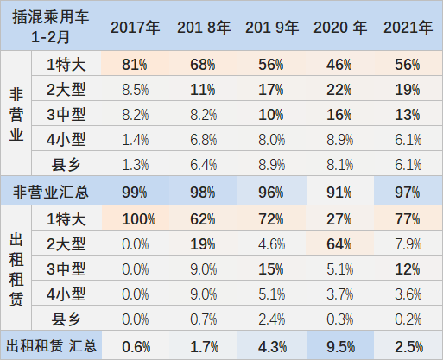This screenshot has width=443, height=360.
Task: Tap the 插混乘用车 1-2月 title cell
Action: pyautogui.click(x=50, y=27)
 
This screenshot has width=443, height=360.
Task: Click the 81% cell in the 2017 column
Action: pyautogui.click(x=134, y=65)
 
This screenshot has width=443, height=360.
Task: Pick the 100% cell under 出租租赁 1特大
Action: pyautogui.click(x=134, y=219)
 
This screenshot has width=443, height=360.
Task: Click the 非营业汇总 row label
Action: pyautogui.click(x=50, y=192)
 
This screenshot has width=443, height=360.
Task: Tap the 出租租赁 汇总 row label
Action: pyautogui.click(x=50, y=347)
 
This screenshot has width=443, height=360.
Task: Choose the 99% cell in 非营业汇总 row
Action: pyautogui.click(x=134, y=193)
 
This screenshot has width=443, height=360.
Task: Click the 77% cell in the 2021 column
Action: pyautogui.click(x=408, y=219)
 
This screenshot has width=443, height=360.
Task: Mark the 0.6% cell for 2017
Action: pyautogui.click(x=134, y=347)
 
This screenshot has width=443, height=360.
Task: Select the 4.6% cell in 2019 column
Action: pyautogui.click(x=270, y=243)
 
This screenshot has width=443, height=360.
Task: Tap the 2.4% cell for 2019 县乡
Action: pyautogui.click(x=270, y=319)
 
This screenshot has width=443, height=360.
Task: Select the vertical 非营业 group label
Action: pyautogui.click(x=17, y=114)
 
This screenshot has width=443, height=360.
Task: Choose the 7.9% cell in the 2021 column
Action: pyautogui.click(x=408, y=243)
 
